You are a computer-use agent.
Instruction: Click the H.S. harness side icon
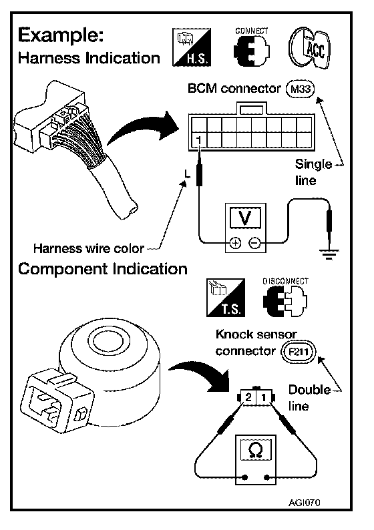(192, 47)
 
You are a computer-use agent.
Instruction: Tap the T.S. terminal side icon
(226, 298)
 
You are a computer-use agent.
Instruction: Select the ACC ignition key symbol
(309, 48)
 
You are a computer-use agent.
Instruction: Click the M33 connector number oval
(301, 89)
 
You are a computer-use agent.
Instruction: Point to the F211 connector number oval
(299, 352)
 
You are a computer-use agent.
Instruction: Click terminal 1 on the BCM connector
(199, 140)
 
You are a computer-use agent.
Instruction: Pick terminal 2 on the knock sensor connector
(248, 397)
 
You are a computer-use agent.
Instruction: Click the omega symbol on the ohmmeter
(255, 450)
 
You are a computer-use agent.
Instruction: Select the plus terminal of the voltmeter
(236, 243)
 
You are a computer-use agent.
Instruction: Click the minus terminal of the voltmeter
(255, 243)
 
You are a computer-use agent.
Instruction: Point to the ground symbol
(329, 254)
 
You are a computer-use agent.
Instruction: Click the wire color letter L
(188, 174)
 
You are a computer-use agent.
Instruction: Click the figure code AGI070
(305, 502)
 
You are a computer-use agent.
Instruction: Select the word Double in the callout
(309, 390)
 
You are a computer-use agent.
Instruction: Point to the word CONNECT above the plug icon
(252, 31)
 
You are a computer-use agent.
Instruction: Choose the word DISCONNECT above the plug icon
(286, 281)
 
